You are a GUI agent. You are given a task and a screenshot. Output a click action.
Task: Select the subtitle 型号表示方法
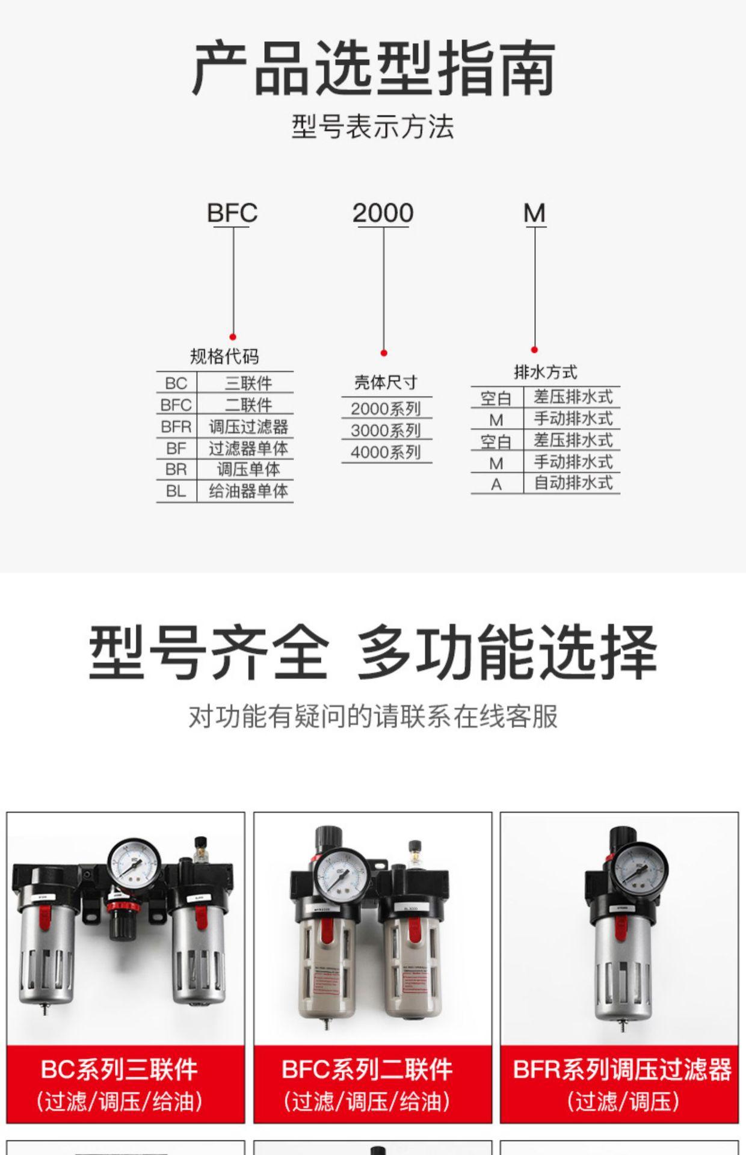(373, 127)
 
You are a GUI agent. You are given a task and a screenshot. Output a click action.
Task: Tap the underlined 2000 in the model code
(383, 213)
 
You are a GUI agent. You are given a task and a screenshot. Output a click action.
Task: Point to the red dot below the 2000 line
(384, 353)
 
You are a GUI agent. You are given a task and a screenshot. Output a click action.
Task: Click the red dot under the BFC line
(233, 337)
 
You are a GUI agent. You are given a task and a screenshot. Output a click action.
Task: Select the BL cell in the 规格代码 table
(176, 491)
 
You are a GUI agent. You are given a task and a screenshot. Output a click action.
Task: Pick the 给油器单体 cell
(248, 491)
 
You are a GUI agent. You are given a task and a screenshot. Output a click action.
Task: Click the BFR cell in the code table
(176, 427)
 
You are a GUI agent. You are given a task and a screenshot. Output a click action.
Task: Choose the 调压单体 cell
(248, 469)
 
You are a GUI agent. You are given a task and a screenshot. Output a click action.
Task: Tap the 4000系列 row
(386, 452)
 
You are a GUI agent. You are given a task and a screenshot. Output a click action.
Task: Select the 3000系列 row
(386, 431)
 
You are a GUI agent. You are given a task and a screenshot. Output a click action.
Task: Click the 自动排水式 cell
(573, 483)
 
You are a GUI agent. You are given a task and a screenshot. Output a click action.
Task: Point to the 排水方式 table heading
(546, 372)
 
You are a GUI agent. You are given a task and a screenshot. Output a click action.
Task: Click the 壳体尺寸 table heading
(386, 383)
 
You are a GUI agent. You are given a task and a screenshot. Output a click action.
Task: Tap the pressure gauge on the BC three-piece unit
(135, 864)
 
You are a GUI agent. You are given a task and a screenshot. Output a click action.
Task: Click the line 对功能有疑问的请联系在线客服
(373, 716)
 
